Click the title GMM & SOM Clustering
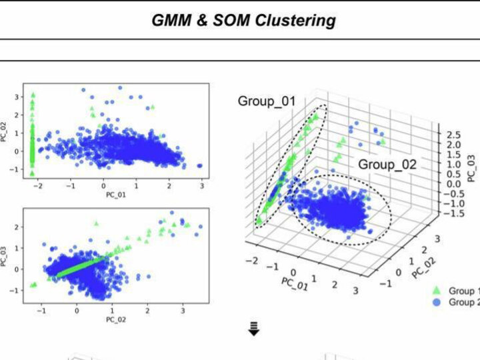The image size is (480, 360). [x=243, y=21]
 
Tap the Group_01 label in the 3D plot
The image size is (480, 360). [x=266, y=101]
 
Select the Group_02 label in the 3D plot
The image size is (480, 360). [x=387, y=164]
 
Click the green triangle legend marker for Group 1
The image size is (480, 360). [x=437, y=291]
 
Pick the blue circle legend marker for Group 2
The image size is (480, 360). [x=437, y=302]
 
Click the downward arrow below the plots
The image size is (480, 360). [x=253, y=329]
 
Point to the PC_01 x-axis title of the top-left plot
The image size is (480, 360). [x=116, y=195]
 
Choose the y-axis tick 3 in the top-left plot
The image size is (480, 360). [x=17, y=97]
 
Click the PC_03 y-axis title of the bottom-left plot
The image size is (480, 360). [x=5, y=257]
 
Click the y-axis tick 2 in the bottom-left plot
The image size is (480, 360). [x=17, y=227]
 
